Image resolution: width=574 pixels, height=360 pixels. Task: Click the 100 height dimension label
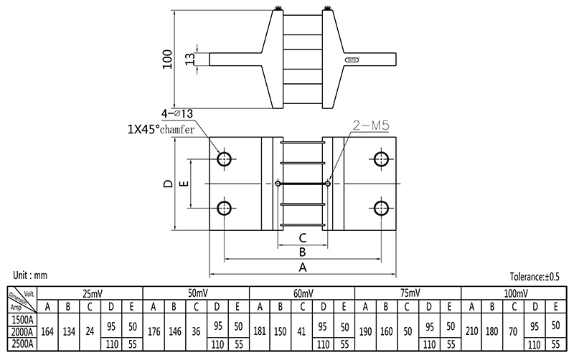168,59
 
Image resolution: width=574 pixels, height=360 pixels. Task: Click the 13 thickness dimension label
190,59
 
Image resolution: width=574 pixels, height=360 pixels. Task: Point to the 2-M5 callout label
370,125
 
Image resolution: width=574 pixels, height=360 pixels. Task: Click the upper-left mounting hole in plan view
225,158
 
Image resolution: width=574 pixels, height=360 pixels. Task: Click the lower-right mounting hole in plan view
380,209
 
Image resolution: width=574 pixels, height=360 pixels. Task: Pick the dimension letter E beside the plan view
184,184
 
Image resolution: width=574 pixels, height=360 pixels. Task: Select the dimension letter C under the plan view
303,237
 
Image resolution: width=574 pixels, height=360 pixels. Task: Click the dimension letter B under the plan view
303,252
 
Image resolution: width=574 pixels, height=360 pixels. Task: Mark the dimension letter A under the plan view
303,267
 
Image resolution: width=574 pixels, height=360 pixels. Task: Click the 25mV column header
91,293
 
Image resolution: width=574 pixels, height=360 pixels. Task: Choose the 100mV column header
514,293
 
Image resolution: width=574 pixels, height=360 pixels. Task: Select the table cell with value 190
365,331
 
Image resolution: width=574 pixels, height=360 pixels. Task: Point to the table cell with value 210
471,331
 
